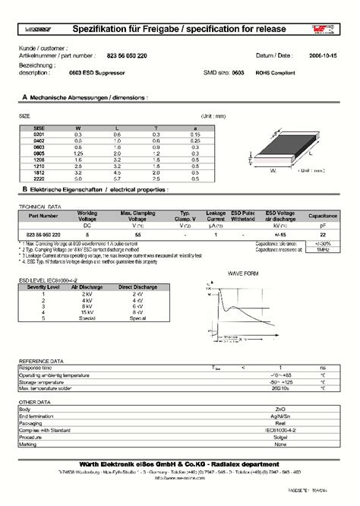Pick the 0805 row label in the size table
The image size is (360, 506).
point(30,153)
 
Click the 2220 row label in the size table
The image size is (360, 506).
point(30,178)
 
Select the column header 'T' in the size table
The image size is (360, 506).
point(156,128)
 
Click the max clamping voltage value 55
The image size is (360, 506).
point(137,236)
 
